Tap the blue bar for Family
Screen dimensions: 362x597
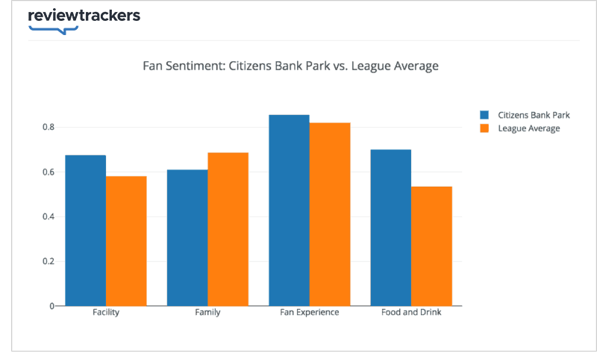click(187, 237)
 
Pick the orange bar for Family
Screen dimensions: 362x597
click(228, 228)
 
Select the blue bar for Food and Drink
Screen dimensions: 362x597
click(390, 227)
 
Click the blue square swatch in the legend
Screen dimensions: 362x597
click(484, 115)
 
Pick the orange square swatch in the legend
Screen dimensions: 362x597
click(484, 128)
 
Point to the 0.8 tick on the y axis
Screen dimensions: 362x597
click(49, 128)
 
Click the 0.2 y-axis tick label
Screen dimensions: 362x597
click(49, 261)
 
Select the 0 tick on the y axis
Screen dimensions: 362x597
click(52, 306)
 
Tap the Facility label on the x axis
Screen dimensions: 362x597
click(106, 312)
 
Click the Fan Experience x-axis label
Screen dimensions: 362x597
click(310, 312)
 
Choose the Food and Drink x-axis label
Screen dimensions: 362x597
click(411, 312)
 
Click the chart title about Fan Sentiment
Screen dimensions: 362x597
click(290, 66)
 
